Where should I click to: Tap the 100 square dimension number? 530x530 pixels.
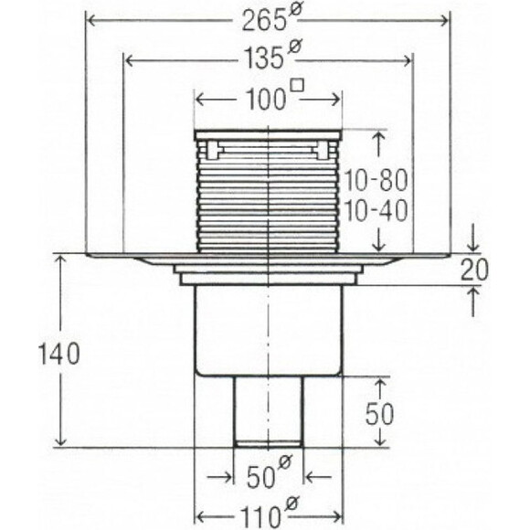266,100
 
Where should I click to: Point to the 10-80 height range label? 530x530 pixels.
376,180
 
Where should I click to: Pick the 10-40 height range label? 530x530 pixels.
376,212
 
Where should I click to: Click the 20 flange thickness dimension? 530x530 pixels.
475,270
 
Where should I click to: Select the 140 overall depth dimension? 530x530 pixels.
59,354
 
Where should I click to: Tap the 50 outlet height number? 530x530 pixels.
379,414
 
